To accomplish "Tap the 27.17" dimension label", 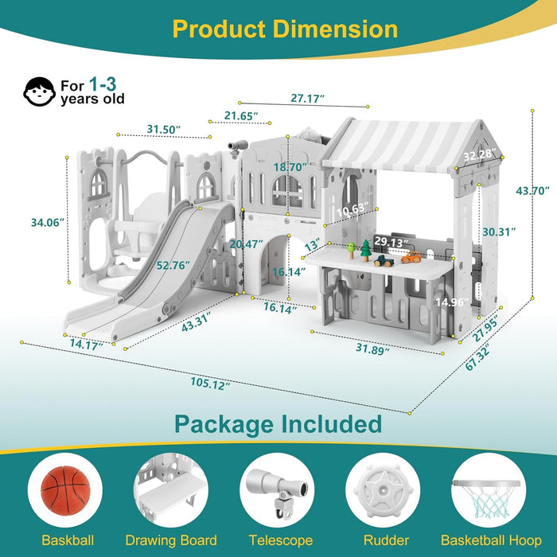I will (307, 99).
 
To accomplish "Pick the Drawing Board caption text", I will (171, 541).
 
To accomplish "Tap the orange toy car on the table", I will (411, 257).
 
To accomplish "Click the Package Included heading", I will (278, 423).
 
